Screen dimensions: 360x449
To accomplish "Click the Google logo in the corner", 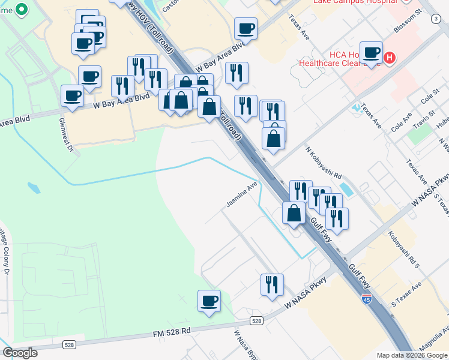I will point(20,353).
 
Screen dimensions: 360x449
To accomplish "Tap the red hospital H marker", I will point(390,58).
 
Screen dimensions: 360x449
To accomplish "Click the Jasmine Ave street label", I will point(241,195).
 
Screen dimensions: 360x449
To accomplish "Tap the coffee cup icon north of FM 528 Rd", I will point(209,301).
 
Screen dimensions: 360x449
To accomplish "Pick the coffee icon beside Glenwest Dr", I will point(72,95).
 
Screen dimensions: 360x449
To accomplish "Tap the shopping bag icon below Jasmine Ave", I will point(294,213).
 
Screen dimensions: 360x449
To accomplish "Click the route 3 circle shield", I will point(435,19).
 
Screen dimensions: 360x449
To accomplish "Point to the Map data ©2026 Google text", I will point(411,355).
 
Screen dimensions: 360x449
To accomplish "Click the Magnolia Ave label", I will point(437,339).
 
